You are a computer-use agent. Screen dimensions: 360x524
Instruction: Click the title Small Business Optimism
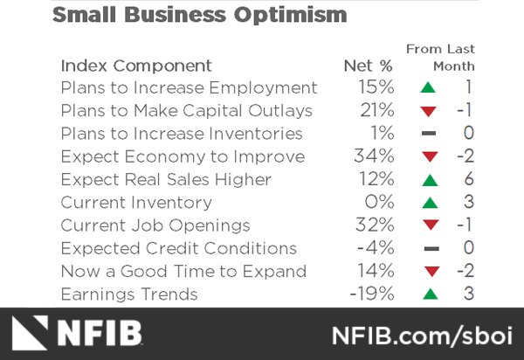click(x=199, y=15)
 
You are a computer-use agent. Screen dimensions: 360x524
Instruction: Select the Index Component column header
click(x=136, y=66)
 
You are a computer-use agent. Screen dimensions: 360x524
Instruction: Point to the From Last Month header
click(x=441, y=57)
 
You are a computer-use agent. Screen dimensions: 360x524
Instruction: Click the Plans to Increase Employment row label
click(x=189, y=88)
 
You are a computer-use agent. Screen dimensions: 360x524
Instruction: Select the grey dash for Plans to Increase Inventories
click(x=428, y=135)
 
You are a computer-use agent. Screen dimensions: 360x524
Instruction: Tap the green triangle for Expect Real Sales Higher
click(x=428, y=180)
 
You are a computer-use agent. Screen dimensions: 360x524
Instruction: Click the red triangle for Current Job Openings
click(x=428, y=226)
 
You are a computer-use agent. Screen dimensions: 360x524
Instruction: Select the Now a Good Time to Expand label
click(x=183, y=271)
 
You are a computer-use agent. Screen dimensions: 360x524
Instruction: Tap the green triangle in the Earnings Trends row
click(x=428, y=294)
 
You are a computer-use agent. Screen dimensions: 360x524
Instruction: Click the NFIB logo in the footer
click(x=79, y=334)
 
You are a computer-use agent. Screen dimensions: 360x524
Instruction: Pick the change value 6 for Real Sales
click(x=469, y=180)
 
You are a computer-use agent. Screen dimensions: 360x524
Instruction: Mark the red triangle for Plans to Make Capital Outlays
click(x=428, y=112)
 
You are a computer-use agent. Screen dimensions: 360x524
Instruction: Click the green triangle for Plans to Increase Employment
click(x=428, y=88)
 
